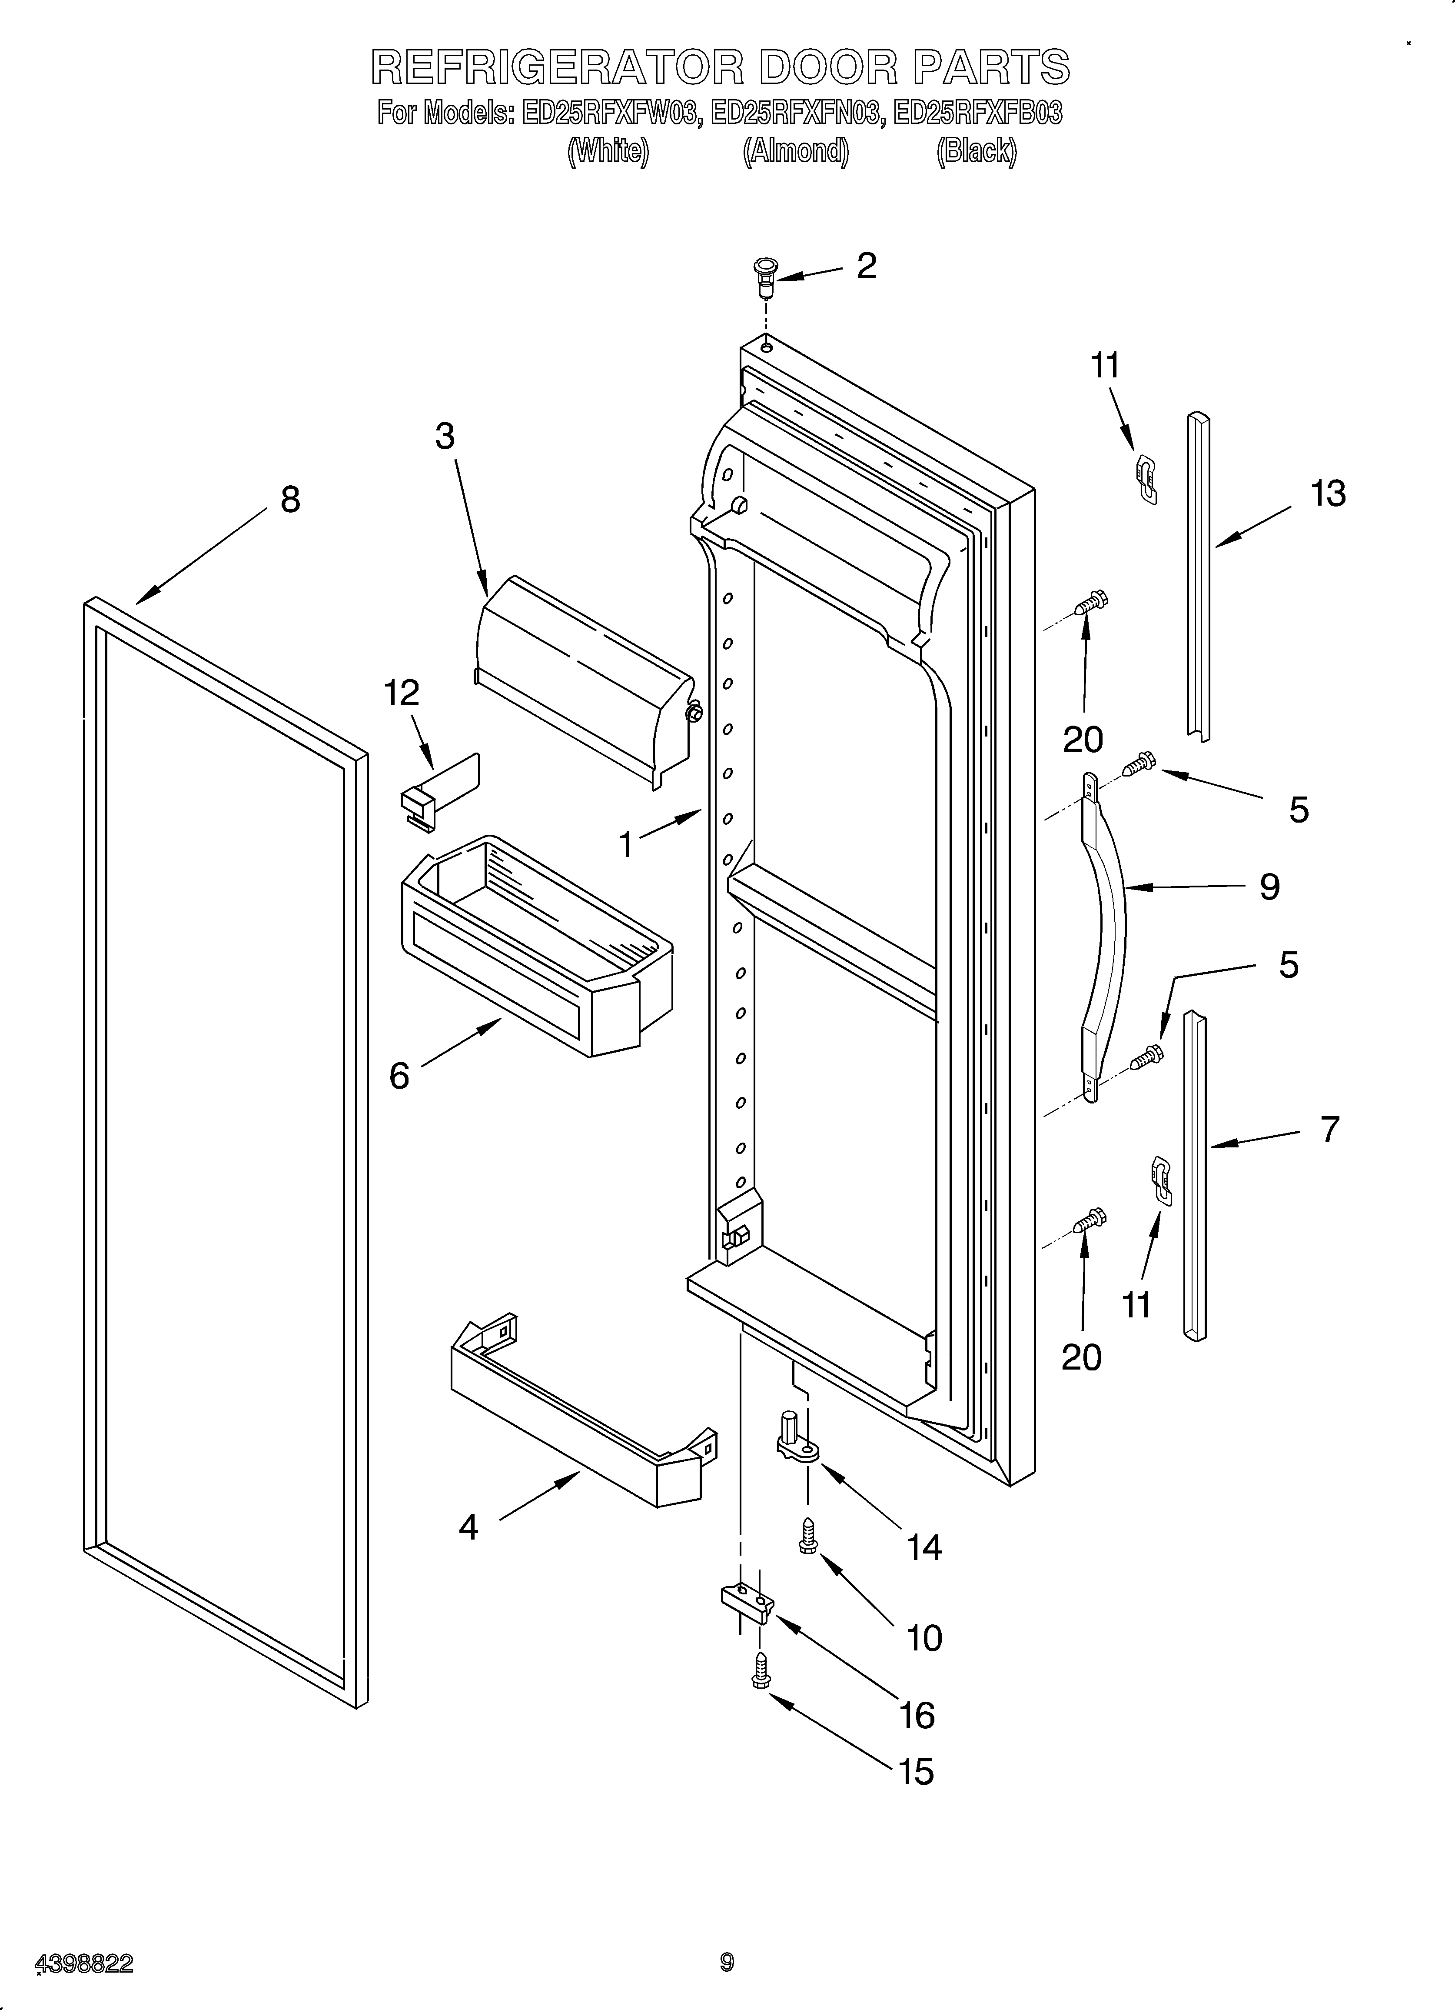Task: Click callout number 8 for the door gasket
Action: pos(290,500)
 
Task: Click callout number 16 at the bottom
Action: pos(917,1715)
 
